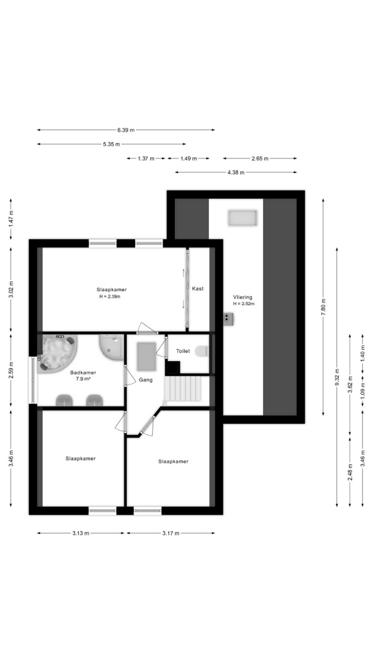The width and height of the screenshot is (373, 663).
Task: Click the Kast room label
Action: click(x=198, y=289)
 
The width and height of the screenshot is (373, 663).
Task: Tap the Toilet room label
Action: click(x=183, y=351)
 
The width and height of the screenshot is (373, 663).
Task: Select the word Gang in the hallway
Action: click(x=146, y=380)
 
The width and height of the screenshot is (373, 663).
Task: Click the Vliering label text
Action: click(x=242, y=297)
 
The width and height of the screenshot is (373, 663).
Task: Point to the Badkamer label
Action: click(x=83, y=373)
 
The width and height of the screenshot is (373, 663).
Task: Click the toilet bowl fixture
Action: click(x=202, y=351)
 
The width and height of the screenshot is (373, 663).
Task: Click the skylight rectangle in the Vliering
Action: click(x=242, y=218)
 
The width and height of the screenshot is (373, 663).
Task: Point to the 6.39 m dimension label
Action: click(x=126, y=130)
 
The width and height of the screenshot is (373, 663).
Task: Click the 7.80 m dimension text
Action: click(x=324, y=307)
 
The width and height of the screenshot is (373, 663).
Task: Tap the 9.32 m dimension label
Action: click(x=336, y=377)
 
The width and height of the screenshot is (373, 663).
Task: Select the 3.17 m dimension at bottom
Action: click(x=170, y=533)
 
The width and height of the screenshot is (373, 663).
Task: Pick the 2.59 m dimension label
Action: click(x=11, y=369)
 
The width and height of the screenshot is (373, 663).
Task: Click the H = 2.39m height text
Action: click(x=110, y=297)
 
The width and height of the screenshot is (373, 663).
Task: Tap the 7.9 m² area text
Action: click(x=83, y=379)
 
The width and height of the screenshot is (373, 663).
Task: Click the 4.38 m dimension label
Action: click(x=235, y=172)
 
